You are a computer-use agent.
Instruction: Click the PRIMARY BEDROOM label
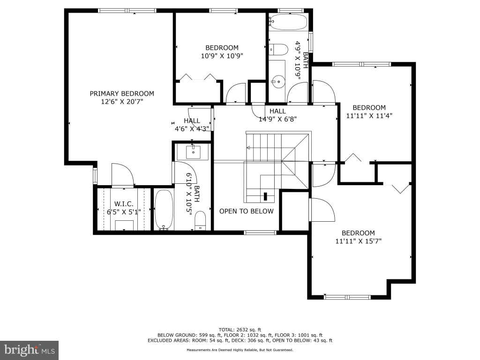tap(122, 93)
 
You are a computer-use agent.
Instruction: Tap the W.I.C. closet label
tap(124, 204)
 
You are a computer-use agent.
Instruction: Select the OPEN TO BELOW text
tap(247, 211)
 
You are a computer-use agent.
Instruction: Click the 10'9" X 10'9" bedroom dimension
tap(222, 56)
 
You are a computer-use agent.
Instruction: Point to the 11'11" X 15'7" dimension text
tap(359, 241)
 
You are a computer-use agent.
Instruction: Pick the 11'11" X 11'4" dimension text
tap(369, 116)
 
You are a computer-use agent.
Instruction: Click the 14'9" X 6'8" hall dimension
tap(277, 119)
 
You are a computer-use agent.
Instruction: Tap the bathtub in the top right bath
tap(288, 22)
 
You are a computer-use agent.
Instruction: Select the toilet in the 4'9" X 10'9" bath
tap(279, 50)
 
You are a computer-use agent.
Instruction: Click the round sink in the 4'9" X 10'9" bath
tap(278, 82)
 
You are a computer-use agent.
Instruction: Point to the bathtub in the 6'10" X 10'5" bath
tap(164, 210)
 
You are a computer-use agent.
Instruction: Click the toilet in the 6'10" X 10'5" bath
tap(201, 220)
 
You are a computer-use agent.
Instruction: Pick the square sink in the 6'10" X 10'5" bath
tap(193, 152)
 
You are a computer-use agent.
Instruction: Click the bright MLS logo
tap(30, 350)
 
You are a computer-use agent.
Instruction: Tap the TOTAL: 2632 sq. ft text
tap(240, 330)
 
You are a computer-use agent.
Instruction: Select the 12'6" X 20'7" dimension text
tap(122, 101)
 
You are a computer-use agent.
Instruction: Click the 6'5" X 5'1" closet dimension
tap(124, 212)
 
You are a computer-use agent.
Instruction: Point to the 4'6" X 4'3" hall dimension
tap(192, 128)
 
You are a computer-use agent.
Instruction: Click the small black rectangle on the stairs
tap(265, 196)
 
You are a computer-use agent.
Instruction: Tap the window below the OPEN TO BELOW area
tap(260, 232)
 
